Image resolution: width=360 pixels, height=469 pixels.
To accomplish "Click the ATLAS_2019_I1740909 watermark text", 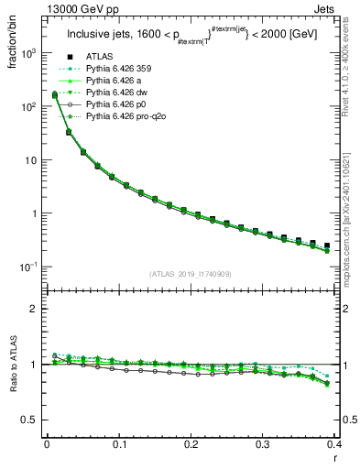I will pos(191,273).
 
